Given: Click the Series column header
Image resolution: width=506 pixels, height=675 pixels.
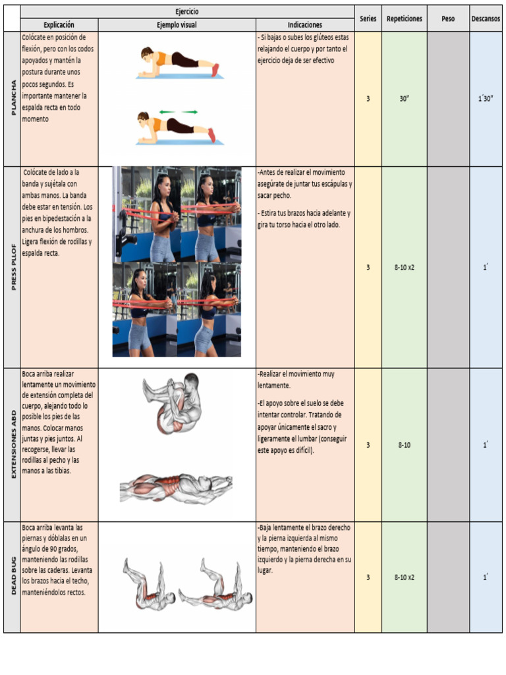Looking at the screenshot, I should pos(368,18).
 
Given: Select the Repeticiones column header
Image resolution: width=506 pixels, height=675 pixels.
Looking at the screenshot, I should pos(405,18).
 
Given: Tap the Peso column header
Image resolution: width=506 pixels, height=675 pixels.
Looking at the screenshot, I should pos(448,18).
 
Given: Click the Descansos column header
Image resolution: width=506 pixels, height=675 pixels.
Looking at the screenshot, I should pos(486,18).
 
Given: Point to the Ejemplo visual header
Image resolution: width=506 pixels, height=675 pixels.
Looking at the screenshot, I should pos(177,25).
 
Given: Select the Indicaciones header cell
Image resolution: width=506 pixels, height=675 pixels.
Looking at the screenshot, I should pos(304,25).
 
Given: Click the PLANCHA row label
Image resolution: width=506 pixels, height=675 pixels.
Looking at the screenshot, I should pos(12,98).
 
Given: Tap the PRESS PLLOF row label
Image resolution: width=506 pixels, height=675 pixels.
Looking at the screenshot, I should pos(12,267).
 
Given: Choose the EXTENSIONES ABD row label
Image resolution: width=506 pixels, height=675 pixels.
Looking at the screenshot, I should pos(12,445).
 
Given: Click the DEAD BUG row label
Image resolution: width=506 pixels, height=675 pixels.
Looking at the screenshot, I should pos(12,577).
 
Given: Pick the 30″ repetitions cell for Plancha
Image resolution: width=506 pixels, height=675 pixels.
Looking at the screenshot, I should pos(405,99).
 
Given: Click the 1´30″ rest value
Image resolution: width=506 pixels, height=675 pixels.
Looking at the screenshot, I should pos(486,99).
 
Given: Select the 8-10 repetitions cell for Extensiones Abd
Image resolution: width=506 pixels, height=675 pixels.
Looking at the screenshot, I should pos(405,445).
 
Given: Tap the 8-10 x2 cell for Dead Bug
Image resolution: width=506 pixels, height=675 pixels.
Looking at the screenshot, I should pos(405,577).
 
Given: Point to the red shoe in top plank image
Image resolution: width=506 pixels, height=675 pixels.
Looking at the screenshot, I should pos(215,70).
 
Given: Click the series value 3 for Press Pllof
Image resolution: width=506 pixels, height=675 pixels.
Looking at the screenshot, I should pos(368,267).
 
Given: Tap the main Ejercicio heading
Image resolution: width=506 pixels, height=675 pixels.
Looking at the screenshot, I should pos(187,12).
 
